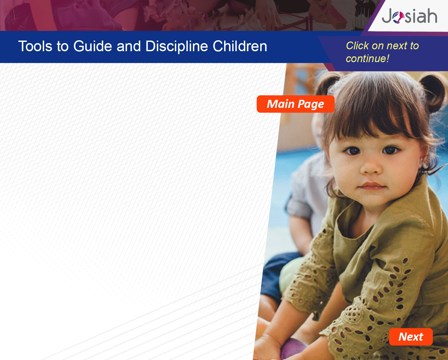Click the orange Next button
tap(411, 337)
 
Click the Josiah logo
tap(409, 16)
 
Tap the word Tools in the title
tap(35, 46)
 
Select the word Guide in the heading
tap(93, 46)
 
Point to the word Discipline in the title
tap(176, 46)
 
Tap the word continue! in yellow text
tap(367, 59)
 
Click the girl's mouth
tap(372, 186)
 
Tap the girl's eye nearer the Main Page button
tap(353, 151)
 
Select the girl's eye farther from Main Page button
tap(390, 150)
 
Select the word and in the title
tap(129, 46)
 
